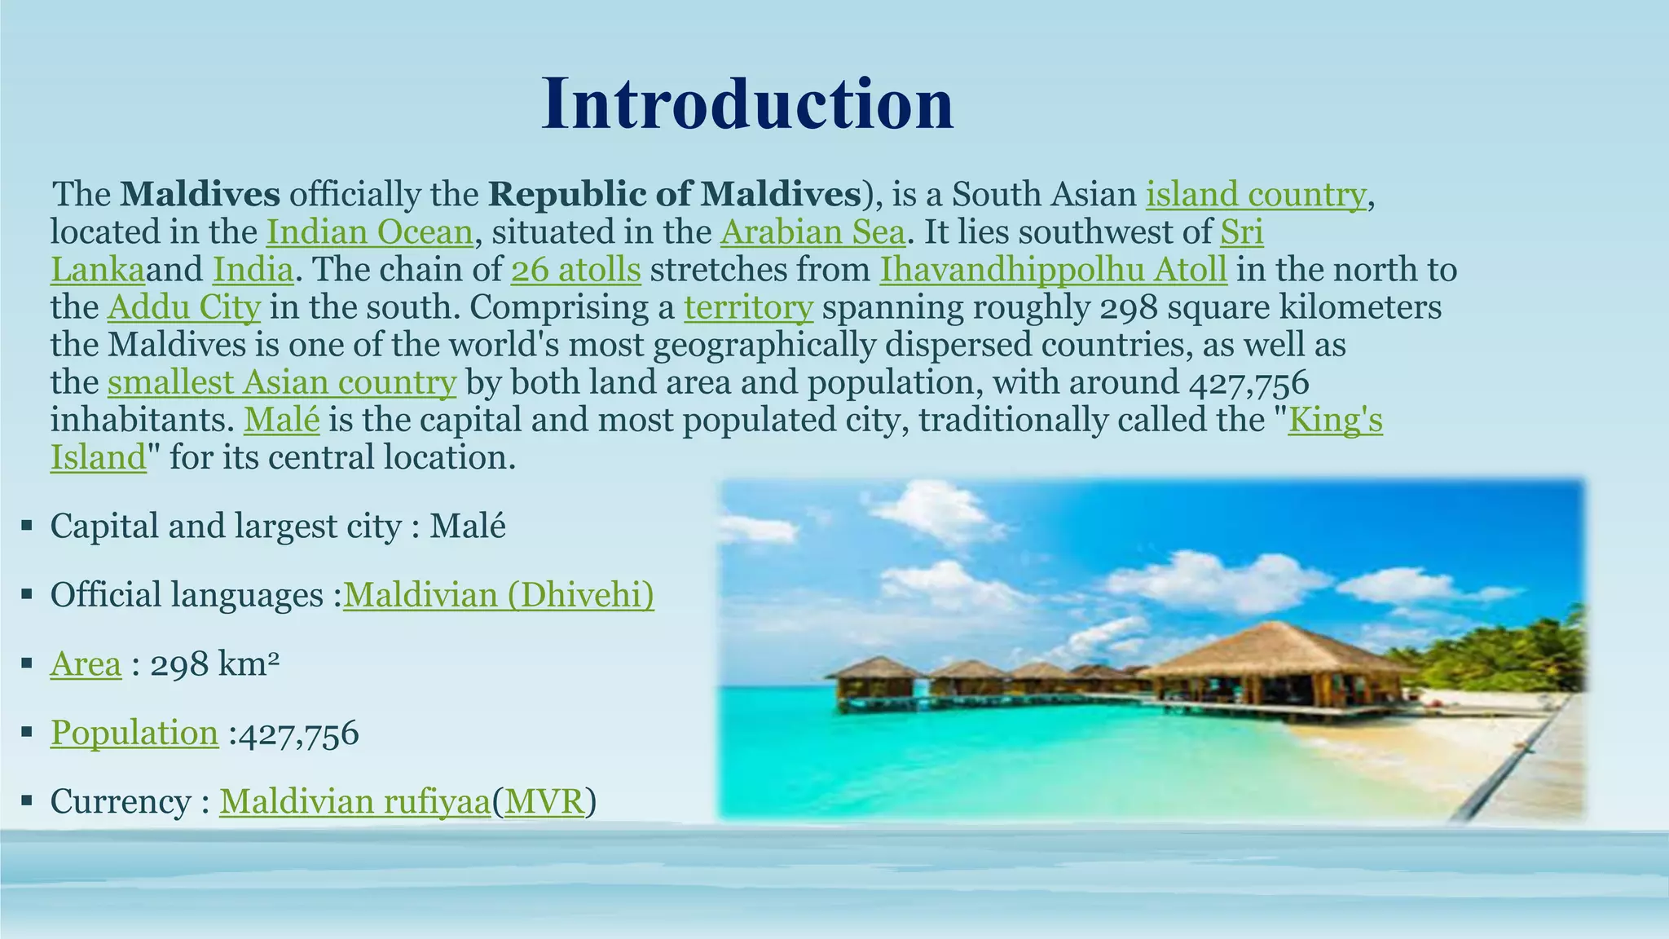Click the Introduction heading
(x=747, y=104)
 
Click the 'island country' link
(x=1255, y=195)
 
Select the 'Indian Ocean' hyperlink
(x=369, y=232)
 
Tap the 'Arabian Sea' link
(x=812, y=232)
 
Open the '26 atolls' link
(x=576, y=270)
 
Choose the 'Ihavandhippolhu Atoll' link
(x=1053, y=270)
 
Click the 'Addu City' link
(x=183, y=307)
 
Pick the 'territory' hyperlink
(x=748, y=307)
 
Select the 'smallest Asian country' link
(x=281, y=382)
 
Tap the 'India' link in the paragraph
(x=253, y=270)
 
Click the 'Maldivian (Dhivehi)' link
(x=498, y=595)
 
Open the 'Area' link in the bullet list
(x=86, y=664)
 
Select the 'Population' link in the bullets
(x=134, y=733)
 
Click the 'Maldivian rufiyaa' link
(x=354, y=802)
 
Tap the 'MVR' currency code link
(x=544, y=802)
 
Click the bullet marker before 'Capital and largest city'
(x=27, y=527)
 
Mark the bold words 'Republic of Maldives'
(x=675, y=195)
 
